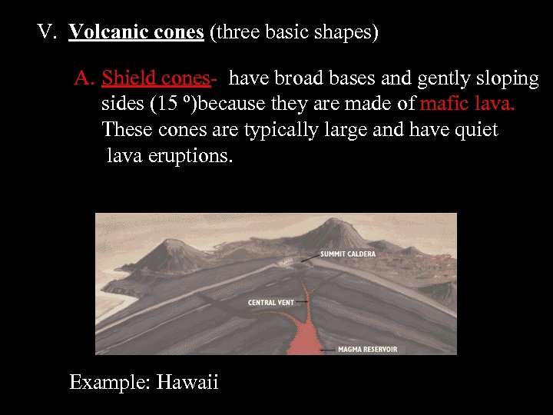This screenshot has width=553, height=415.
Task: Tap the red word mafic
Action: click(x=444, y=105)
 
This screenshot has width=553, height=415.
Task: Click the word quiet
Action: click(x=478, y=131)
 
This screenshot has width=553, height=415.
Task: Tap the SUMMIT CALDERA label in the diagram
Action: click(x=348, y=253)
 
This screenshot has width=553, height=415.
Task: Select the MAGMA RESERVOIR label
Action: click(x=368, y=350)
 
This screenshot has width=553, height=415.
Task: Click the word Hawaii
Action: click(x=187, y=382)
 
